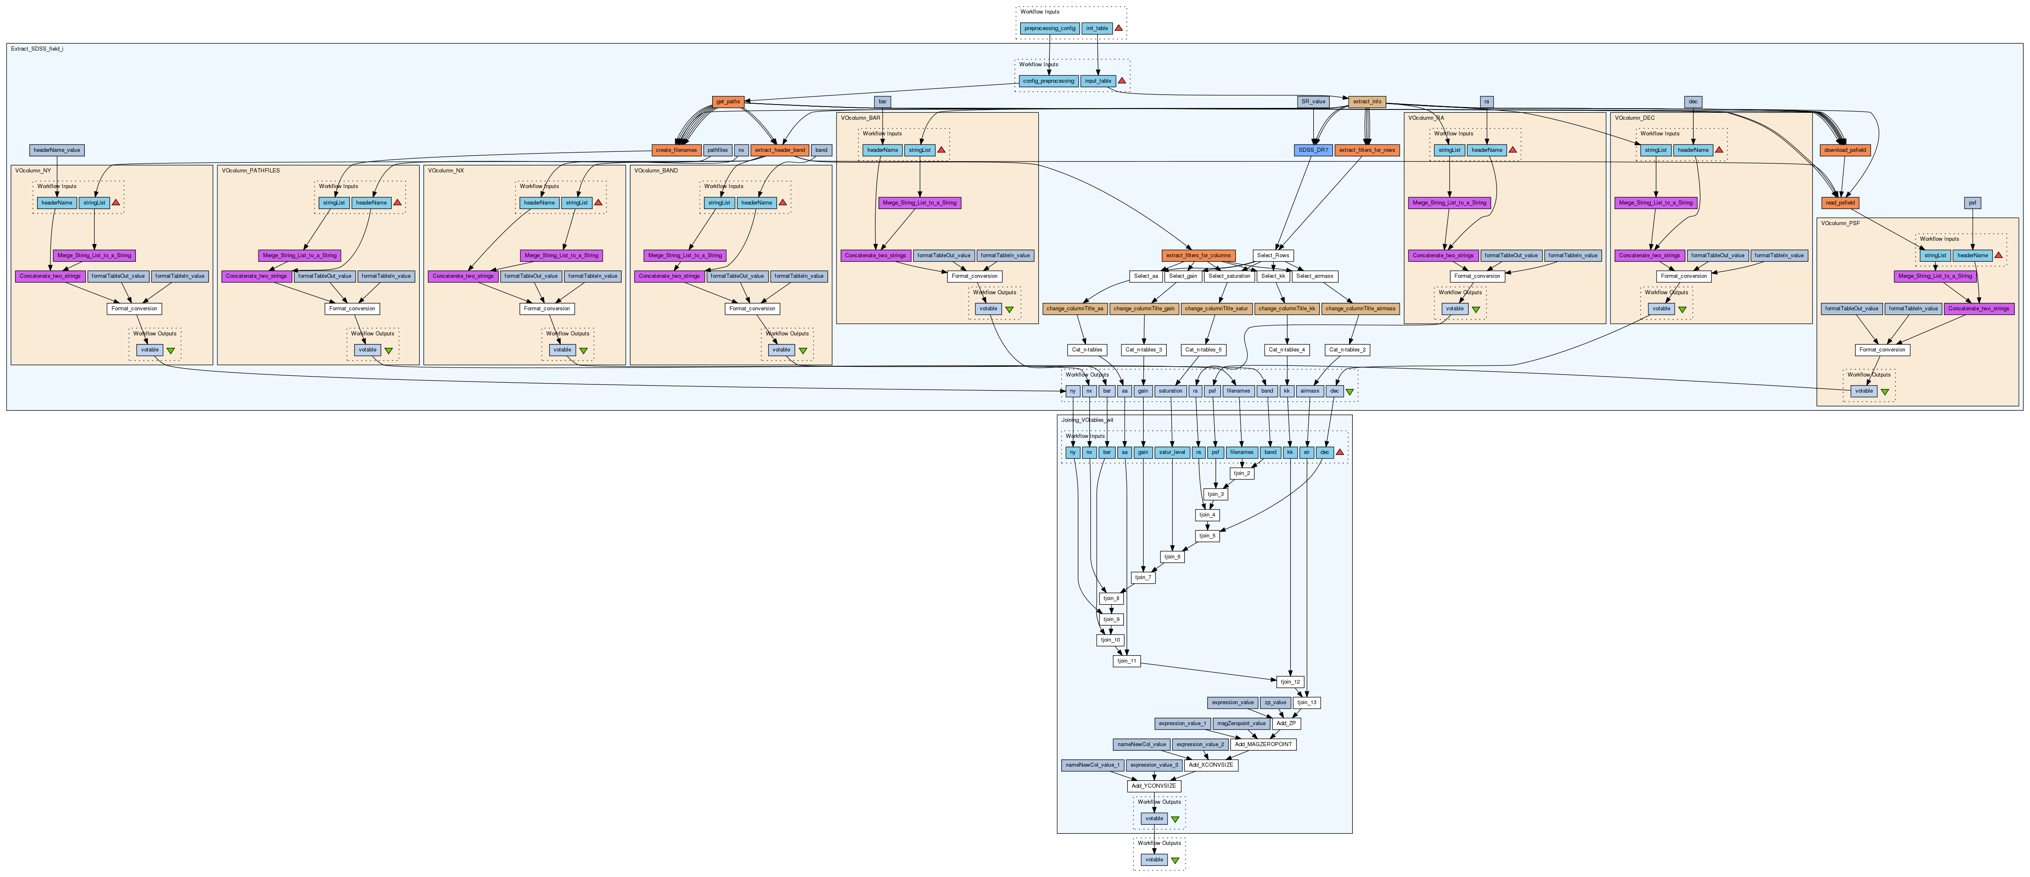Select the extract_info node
(1366, 102)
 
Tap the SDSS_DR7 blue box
(1313, 150)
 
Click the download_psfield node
(1845, 150)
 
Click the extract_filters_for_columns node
(1198, 255)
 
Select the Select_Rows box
(1273, 255)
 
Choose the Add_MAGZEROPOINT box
(1263, 744)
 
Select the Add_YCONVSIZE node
(1154, 786)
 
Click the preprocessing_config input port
(1050, 28)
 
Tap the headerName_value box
(57, 150)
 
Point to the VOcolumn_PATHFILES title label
(251, 170)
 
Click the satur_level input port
(1171, 452)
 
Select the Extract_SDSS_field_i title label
(37, 49)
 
